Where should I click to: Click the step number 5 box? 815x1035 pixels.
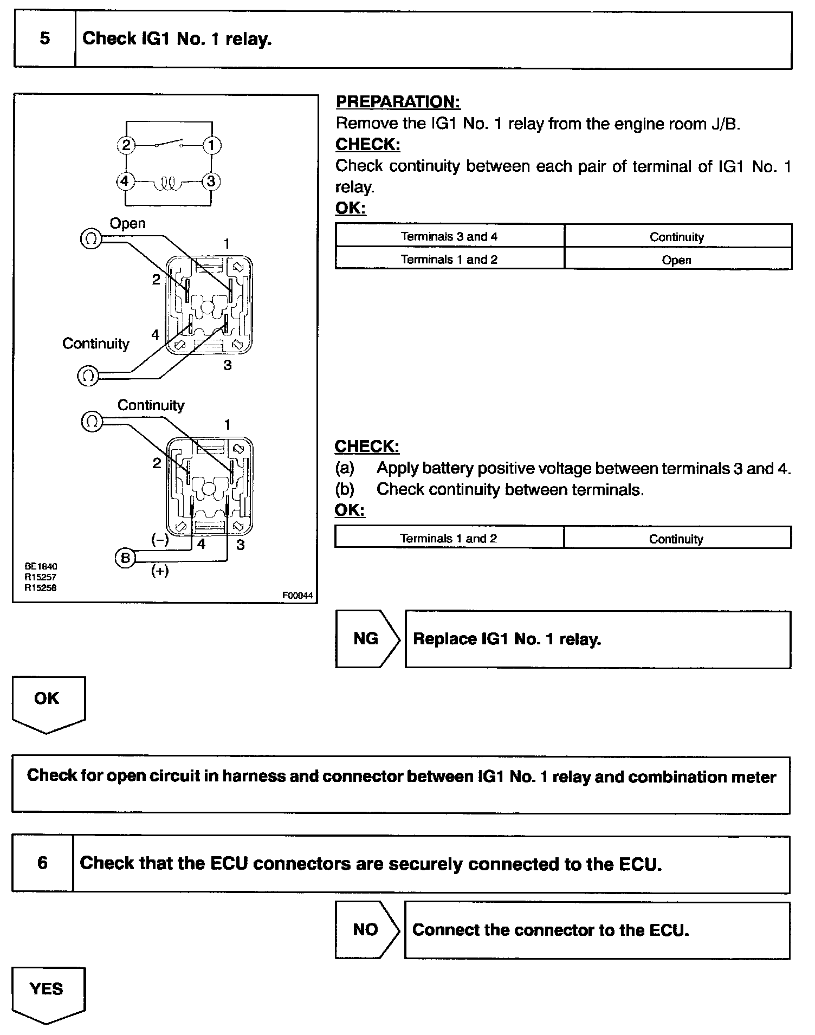[x=44, y=39]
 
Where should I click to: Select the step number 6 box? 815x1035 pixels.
[x=42, y=863]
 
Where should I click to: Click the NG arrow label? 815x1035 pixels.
[x=366, y=638]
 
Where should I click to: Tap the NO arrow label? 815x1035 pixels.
[x=365, y=929]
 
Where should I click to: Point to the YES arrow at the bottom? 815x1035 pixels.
[x=48, y=994]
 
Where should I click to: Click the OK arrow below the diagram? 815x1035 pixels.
[x=48, y=703]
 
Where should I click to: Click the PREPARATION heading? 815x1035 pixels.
[x=398, y=102]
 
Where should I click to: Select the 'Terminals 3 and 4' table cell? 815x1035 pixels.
[x=449, y=236]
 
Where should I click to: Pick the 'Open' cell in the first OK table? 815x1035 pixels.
[x=677, y=260]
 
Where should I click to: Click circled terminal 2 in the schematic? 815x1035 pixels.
[x=126, y=145]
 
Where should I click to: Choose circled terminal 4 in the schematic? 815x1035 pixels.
[x=125, y=180]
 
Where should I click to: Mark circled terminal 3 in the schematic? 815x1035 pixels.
[x=211, y=181]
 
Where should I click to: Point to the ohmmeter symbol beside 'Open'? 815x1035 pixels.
[x=90, y=239]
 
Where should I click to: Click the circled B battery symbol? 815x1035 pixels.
[x=125, y=558]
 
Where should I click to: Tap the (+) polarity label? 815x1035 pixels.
[x=160, y=572]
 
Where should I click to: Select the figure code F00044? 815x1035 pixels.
[x=297, y=596]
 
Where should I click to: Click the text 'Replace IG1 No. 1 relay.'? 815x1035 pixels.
[x=507, y=639]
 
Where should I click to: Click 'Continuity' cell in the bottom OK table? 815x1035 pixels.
[x=676, y=539]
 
